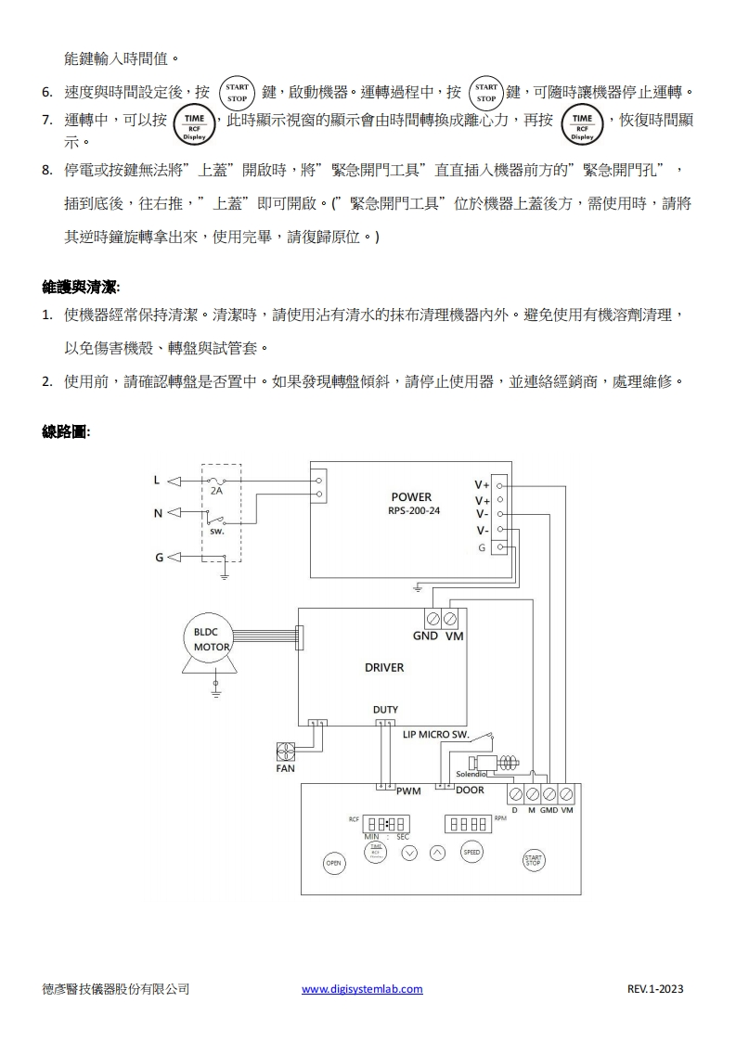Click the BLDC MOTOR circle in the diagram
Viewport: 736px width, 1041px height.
pyautogui.click(x=211, y=639)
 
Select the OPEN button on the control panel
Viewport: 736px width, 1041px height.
pyautogui.click(x=333, y=863)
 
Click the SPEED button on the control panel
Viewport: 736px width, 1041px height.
pyautogui.click(x=471, y=852)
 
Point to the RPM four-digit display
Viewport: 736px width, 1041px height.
pyautogui.click(x=469, y=823)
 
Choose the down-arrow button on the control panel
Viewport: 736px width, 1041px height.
pyautogui.click(x=408, y=853)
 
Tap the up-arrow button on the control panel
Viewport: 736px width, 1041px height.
pyautogui.click(x=438, y=853)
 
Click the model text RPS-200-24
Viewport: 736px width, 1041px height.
pyautogui.click(x=414, y=510)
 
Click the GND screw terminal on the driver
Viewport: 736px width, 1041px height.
pyautogui.click(x=432, y=618)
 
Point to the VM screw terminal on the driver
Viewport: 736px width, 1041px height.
pyautogui.click(x=450, y=618)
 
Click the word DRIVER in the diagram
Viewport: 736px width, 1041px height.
pyautogui.click(x=384, y=667)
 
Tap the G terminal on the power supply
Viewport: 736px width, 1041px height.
pyautogui.click(x=500, y=547)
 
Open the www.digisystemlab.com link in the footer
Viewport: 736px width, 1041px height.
pyautogui.click(x=362, y=989)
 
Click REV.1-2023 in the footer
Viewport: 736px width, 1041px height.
pyautogui.click(x=655, y=989)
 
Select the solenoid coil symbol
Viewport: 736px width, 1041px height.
pyautogui.click(x=508, y=763)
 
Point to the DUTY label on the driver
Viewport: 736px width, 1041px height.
pyautogui.click(x=385, y=710)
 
